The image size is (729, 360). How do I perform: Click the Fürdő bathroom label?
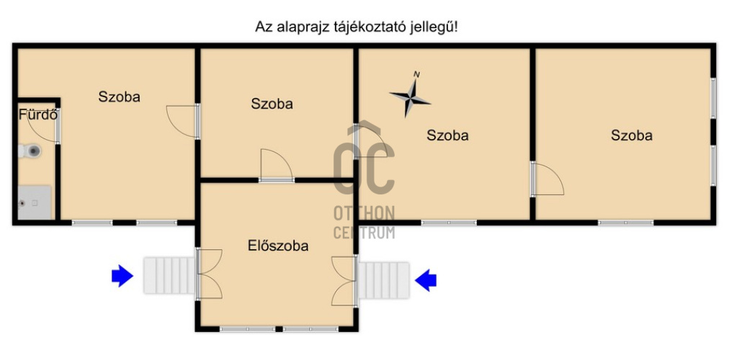tap(37, 114)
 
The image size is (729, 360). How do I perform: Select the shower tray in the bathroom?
tap(35, 202)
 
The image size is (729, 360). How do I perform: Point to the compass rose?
tap(410, 94)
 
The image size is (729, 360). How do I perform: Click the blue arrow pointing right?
tap(122, 275)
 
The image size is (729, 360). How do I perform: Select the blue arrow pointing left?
tap(426, 279)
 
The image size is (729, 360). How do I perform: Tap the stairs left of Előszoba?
tap(169, 275)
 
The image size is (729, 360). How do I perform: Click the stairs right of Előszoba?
tap(384, 279)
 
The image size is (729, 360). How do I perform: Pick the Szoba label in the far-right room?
tap(631, 135)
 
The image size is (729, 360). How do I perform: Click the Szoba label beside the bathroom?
tap(119, 96)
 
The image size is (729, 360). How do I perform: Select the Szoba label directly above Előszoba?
tap(272, 104)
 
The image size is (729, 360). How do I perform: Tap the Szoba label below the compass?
tap(447, 135)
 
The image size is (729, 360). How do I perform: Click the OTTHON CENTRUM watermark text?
tap(364, 222)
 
